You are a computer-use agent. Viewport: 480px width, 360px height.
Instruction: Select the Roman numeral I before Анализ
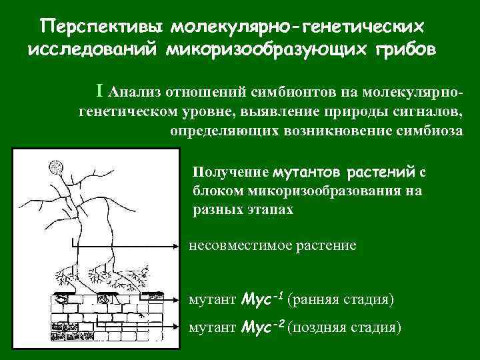[100, 91]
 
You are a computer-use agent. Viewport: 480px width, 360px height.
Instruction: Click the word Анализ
[137, 92]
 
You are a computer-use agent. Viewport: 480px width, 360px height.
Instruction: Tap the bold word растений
[380, 172]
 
